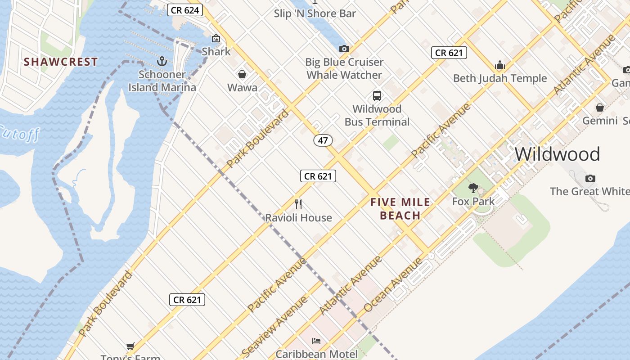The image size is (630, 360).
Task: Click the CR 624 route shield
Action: coord(185,10)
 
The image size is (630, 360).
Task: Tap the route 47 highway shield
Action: coord(323,140)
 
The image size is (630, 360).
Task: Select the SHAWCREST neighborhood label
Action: coord(61,62)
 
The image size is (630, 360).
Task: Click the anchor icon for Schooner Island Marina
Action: coord(162,61)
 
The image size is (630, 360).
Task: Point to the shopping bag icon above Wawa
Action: coord(242,74)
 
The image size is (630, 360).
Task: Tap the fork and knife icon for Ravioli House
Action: coord(298,204)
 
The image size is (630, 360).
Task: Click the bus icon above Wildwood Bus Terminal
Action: coord(377,95)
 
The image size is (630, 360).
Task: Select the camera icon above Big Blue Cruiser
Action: coord(344,49)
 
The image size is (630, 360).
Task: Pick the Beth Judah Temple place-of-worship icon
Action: coord(500,65)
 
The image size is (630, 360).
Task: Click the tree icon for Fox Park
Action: coord(473,188)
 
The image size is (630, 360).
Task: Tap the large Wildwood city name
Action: coord(557,154)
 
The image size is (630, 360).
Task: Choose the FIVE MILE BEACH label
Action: coord(400,209)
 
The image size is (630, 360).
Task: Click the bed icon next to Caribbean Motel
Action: coord(316,341)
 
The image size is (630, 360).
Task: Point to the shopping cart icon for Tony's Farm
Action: coord(130,346)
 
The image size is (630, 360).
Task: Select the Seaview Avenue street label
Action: coord(274,325)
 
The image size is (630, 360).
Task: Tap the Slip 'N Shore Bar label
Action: coord(315,13)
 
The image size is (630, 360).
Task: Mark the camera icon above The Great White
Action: coord(590,178)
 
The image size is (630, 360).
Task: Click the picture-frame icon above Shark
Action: coord(216,38)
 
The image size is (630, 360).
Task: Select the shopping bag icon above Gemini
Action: coord(600,108)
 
